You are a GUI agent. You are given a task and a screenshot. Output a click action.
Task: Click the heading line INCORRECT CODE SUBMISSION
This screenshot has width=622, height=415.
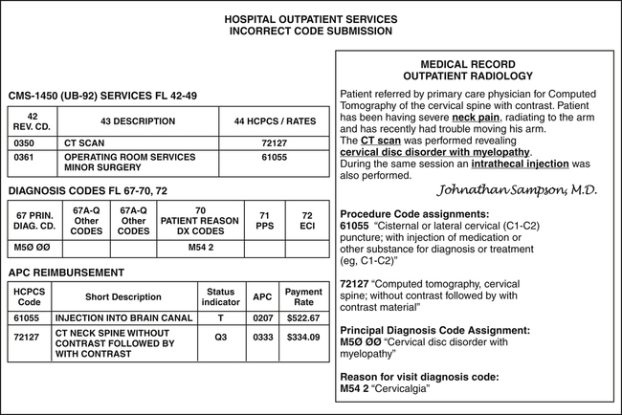(x=310, y=31)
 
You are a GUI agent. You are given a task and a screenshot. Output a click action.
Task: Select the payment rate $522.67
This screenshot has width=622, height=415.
(x=303, y=317)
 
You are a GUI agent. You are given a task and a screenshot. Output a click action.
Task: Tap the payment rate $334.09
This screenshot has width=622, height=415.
(x=303, y=337)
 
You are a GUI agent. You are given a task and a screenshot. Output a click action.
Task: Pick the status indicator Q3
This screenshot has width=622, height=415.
(x=220, y=337)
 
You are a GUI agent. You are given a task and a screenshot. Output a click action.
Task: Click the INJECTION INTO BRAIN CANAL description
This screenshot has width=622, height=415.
(x=118, y=317)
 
